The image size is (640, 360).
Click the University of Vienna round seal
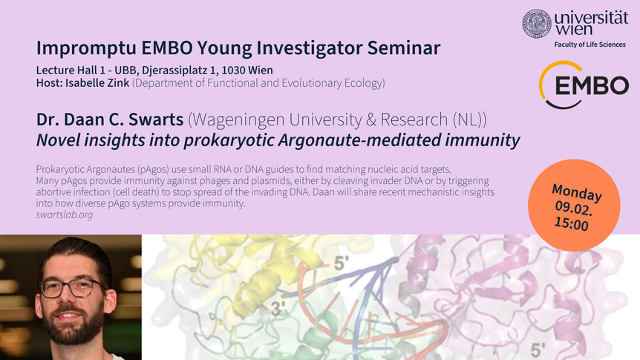tap(537, 23)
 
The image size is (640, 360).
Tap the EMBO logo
tap(584, 85)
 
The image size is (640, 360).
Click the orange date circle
tap(574, 205)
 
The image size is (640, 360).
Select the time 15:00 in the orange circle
tap(571, 223)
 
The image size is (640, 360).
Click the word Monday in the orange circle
tap(577, 193)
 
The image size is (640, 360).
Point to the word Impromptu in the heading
tap(86, 48)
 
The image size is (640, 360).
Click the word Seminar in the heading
tap(404, 48)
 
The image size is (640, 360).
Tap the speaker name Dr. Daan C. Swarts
tap(110, 120)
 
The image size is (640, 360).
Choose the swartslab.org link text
tap(64, 215)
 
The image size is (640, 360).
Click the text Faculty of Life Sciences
tap(590, 45)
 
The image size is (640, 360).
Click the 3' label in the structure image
tap(279, 309)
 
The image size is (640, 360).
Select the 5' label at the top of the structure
tap(342, 264)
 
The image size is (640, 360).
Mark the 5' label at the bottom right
tap(538, 350)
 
